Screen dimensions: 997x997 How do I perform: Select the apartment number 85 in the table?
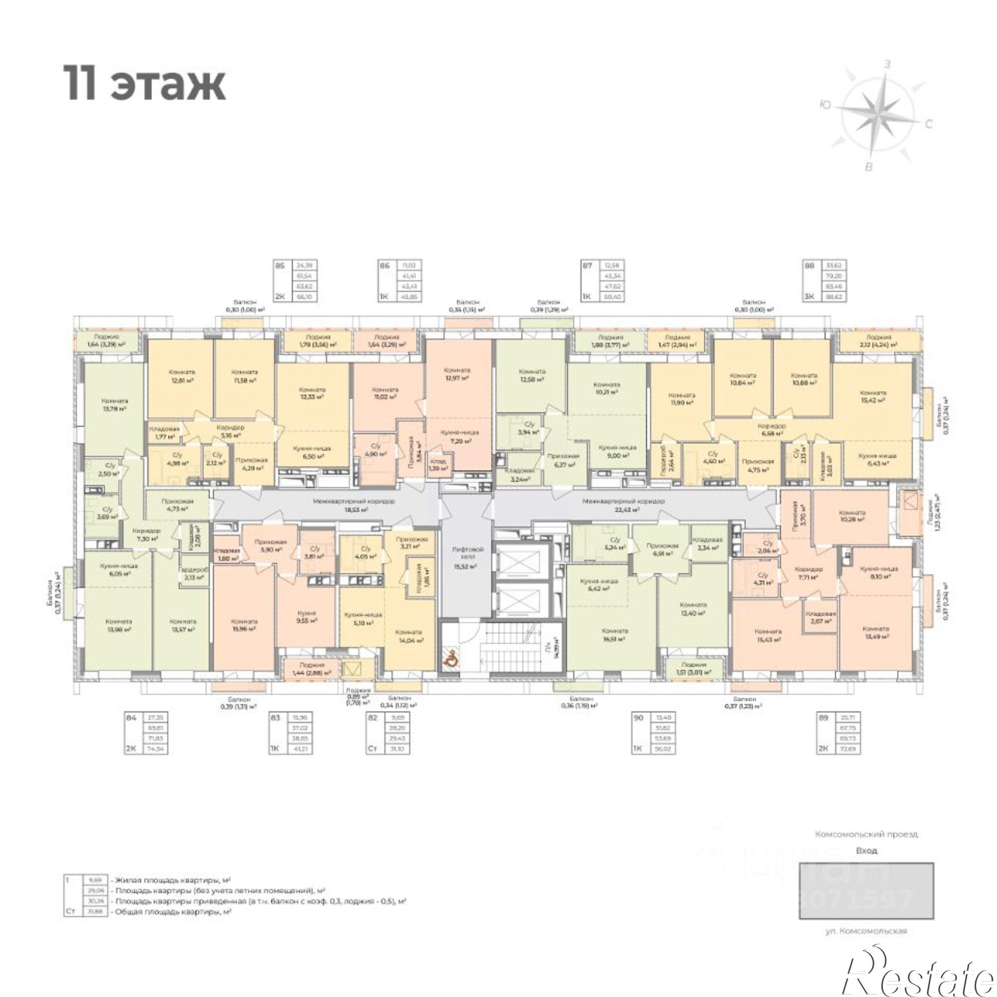280,266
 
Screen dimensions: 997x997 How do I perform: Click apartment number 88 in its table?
809,266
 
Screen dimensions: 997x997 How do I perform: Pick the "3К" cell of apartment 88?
809,297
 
